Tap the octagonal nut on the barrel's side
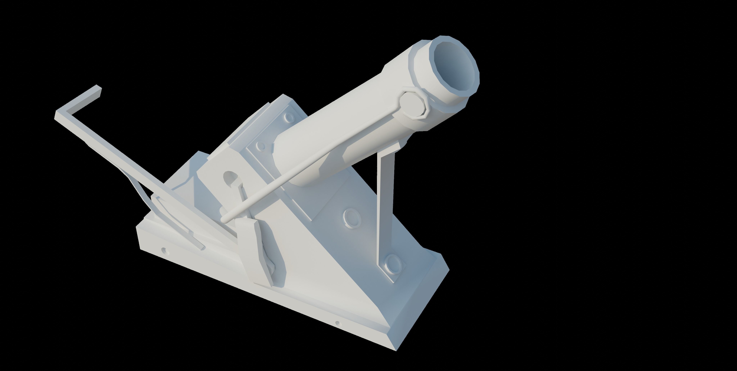(x=413, y=107)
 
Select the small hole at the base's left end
(x=164, y=251)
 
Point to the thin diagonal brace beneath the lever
(x=134, y=186)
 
